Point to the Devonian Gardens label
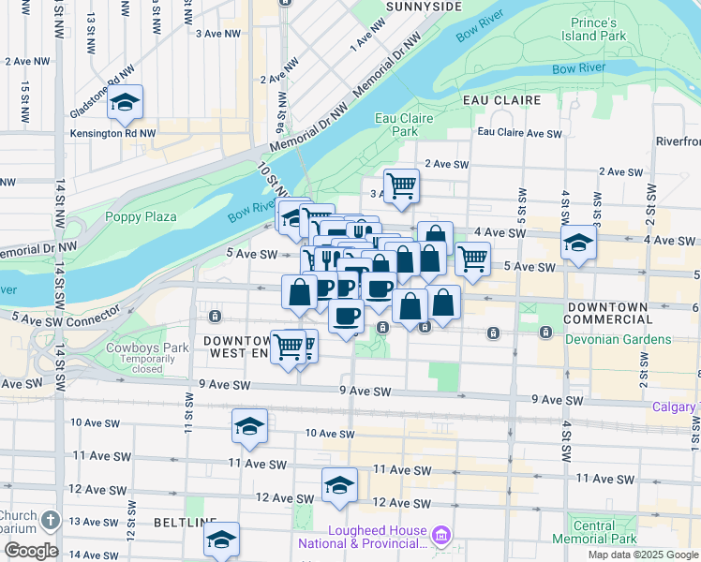(619, 339)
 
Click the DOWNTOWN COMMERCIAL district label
(608, 314)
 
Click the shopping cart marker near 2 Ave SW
(401, 185)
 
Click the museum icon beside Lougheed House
(443, 536)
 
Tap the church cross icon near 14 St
(51, 519)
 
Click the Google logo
(31, 551)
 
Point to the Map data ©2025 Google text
(643, 555)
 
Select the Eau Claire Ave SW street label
(520, 133)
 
